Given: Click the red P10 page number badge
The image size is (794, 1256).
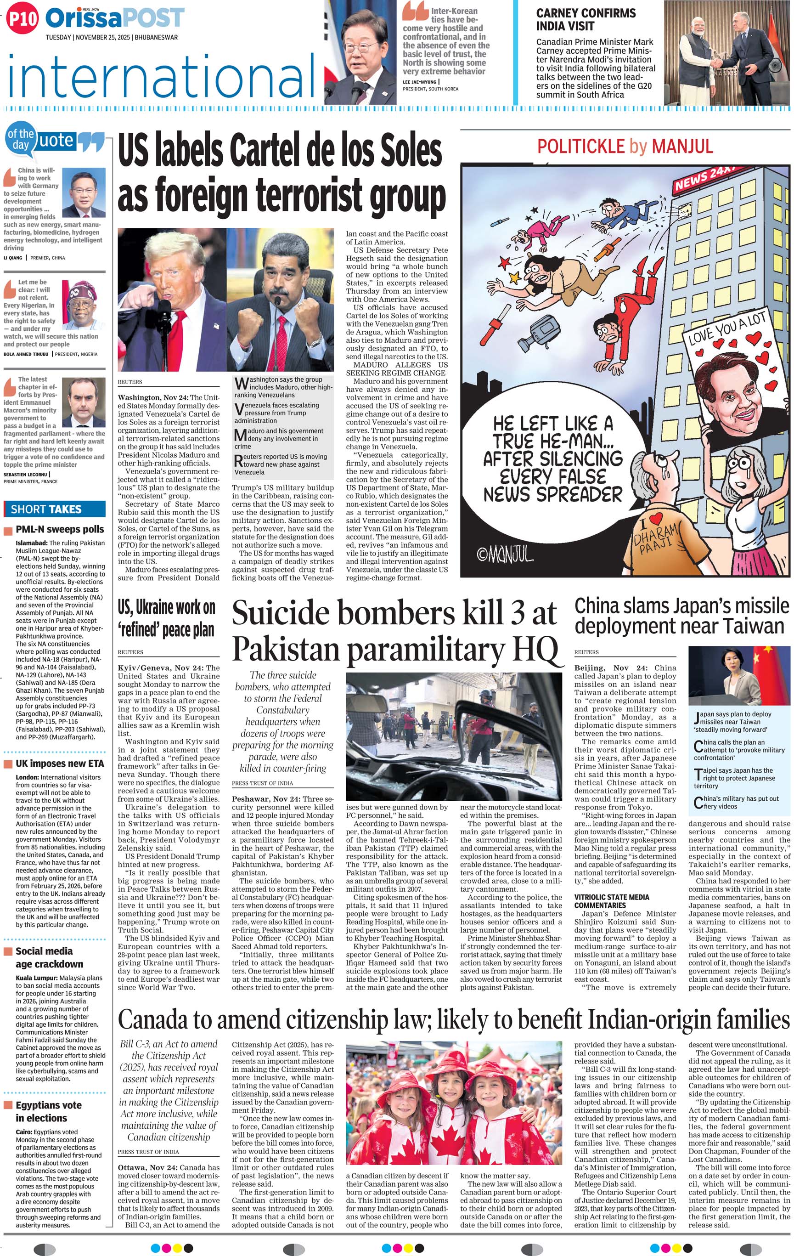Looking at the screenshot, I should click(23, 19).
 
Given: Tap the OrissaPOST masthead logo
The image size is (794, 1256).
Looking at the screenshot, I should click(115, 18).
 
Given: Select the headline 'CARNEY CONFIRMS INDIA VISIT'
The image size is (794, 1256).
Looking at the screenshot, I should click(586, 20).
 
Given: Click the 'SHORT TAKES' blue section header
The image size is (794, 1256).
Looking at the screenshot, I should click(46, 509).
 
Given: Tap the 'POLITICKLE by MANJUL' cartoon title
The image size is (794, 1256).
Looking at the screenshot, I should click(625, 147).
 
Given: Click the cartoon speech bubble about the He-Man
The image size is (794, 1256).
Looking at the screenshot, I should click(552, 459).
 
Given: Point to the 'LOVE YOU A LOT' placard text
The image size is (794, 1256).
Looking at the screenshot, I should click(727, 329).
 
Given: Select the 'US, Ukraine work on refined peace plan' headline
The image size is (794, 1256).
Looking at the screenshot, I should click(166, 618).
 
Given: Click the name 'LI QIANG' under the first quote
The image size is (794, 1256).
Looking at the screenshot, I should click(13, 258).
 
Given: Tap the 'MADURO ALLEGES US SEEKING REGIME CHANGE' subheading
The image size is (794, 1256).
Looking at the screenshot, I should click(397, 369).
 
